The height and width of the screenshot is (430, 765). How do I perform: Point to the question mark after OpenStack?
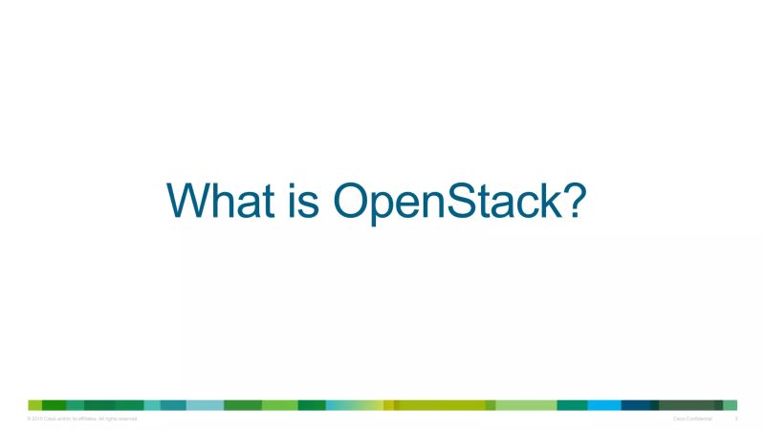(x=572, y=201)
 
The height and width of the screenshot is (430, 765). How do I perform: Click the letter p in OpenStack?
(x=390, y=206)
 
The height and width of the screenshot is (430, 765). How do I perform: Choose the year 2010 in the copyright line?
(x=38, y=419)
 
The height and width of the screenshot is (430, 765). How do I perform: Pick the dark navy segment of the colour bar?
(x=635, y=405)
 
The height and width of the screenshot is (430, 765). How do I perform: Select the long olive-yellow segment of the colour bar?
(x=440, y=405)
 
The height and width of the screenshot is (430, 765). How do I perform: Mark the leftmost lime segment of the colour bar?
(x=34, y=405)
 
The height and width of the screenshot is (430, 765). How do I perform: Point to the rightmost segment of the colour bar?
(x=731, y=405)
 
